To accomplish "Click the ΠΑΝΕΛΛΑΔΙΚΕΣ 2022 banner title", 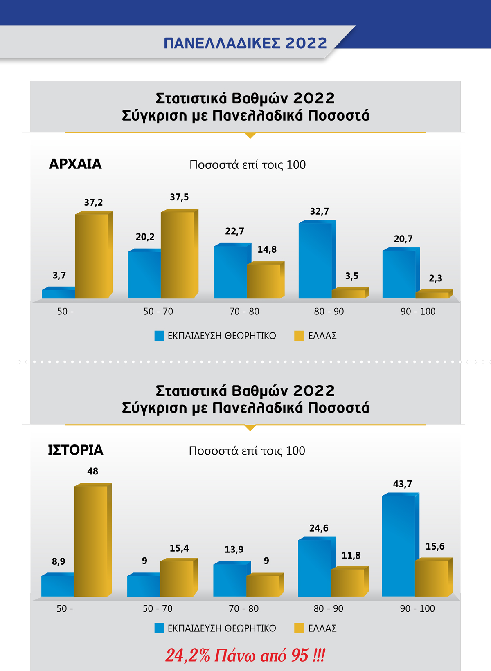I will pos(245,43).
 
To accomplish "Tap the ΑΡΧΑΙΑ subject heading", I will pos(75,164).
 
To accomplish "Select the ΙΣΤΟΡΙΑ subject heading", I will pos(76,450).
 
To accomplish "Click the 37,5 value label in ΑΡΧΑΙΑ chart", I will pos(179,197).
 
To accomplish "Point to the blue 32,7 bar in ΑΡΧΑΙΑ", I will pos(315,260).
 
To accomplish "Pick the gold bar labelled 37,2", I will pos(92,256).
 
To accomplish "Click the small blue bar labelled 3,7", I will pos(58,294).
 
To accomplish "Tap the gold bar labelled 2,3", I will pos(432,295).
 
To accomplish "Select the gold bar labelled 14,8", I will pos(264,281).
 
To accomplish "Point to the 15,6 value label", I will pos(435,547).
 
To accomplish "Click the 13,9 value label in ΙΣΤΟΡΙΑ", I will pos(234,550).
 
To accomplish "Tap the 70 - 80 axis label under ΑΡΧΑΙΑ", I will pos(244,312).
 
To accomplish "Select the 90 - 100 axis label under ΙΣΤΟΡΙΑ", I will pos(417,609).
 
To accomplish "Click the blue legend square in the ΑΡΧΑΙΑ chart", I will pos(159,336).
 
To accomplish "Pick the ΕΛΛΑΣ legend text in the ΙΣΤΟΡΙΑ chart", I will pos(322,628).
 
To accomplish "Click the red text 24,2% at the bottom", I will pos(188,655).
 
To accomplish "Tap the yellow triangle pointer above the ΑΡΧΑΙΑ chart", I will pos(250,135).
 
